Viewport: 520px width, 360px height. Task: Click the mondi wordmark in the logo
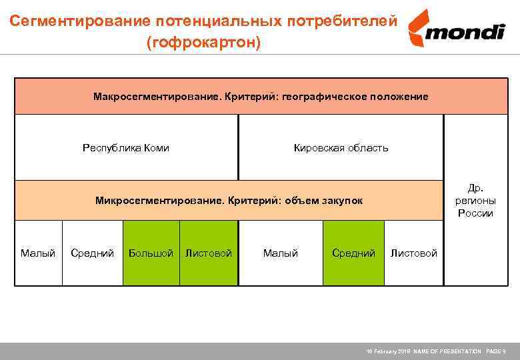[466, 31]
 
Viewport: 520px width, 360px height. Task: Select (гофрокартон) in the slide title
[203, 43]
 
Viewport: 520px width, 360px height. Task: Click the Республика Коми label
[125, 148]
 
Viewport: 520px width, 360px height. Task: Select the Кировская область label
[341, 148]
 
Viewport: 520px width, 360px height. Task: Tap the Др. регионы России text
[475, 200]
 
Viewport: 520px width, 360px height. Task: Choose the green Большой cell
[151, 253]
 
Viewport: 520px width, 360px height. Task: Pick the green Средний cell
[353, 253]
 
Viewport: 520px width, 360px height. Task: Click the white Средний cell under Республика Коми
[92, 253]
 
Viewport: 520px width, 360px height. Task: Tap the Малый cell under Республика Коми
[38, 253]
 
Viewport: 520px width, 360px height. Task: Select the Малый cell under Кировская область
[280, 253]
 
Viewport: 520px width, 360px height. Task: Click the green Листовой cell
[209, 253]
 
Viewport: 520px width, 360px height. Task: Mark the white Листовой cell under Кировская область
[413, 253]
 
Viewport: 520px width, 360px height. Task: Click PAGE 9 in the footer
[495, 351]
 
